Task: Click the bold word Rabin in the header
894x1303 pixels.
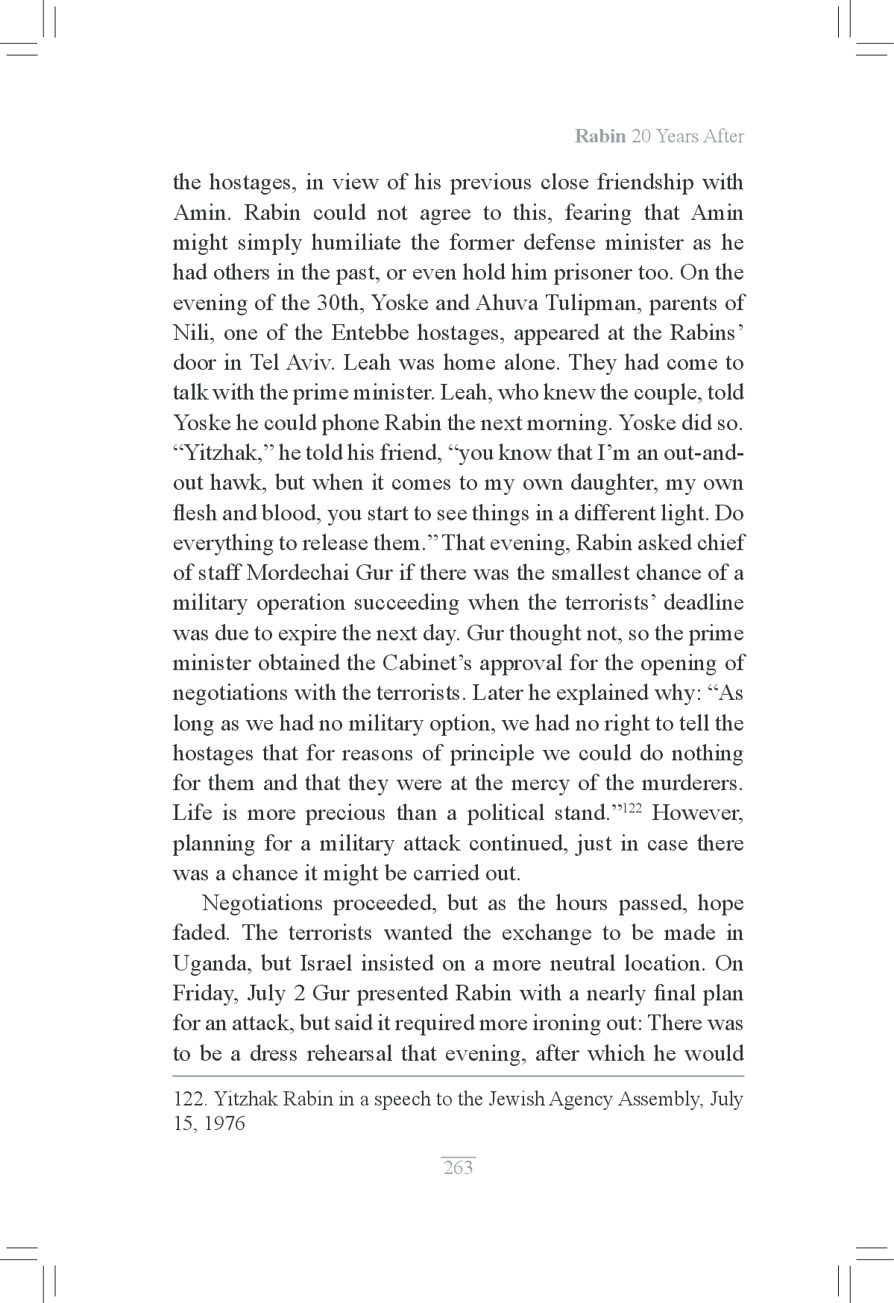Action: pyautogui.click(x=600, y=136)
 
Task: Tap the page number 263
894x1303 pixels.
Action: pyautogui.click(x=458, y=1167)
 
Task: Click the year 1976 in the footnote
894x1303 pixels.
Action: pyautogui.click(x=224, y=1123)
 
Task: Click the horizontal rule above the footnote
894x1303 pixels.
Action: pyautogui.click(x=458, y=1076)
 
